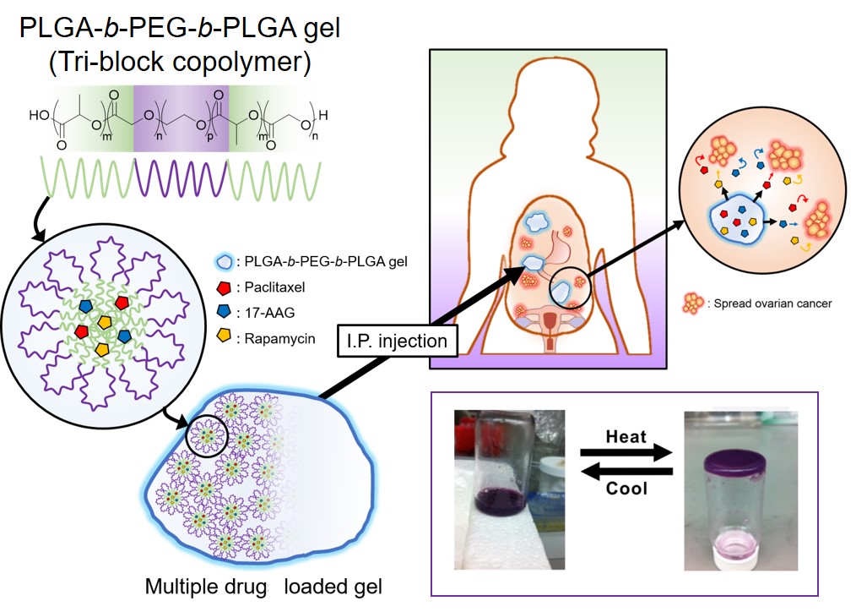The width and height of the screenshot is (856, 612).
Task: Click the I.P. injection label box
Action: pyautogui.click(x=397, y=341)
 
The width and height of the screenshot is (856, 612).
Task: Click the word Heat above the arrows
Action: pyautogui.click(x=626, y=436)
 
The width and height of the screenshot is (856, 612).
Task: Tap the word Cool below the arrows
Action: pyautogui.click(x=626, y=488)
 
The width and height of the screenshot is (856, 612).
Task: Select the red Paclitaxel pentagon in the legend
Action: pyautogui.click(x=224, y=287)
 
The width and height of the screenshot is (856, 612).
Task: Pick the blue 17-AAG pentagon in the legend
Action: pyautogui.click(x=224, y=312)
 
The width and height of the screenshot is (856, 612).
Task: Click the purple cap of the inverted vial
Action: pyautogui.click(x=734, y=463)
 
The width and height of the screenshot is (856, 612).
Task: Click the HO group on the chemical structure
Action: pyautogui.click(x=39, y=115)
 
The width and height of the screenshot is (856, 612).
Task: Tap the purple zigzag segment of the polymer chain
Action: pyautogui.click(x=181, y=178)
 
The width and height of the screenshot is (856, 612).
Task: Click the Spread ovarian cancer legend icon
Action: pyautogui.click(x=693, y=303)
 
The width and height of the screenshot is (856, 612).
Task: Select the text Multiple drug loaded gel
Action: pyautogui.click(x=263, y=587)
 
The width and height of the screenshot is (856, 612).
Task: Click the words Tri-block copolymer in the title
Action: pyautogui.click(x=180, y=61)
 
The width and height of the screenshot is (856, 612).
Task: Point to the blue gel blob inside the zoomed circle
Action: pyautogui.click(x=736, y=220)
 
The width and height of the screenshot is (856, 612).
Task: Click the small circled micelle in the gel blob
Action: pyautogui.click(x=207, y=435)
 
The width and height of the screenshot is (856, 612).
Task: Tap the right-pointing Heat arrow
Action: pyautogui.click(x=626, y=452)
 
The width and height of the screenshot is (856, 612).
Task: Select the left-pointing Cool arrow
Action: pyautogui.click(x=626, y=471)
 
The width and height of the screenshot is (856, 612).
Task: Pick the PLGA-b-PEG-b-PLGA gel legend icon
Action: pyautogui.click(x=225, y=262)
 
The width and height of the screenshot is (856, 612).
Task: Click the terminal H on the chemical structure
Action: pyautogui.click(x=323, y=115)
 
